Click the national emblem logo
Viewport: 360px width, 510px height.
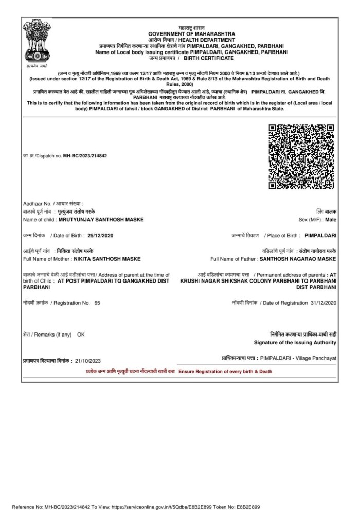(x=36, y=44)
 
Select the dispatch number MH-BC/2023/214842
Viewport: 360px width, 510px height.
(x=85, y=155)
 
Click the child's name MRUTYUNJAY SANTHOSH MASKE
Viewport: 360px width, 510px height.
(x=101, y=220)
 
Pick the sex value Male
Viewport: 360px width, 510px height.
(x=331, y=220)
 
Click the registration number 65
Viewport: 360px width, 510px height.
(x=97, y=303)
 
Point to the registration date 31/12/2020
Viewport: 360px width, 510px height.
(x=322, y=303)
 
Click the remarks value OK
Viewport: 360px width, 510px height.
(x=81, y=335)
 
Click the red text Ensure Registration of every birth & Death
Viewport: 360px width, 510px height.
(x=225, y=371)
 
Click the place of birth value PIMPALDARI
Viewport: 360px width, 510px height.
(x=320, y=235)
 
